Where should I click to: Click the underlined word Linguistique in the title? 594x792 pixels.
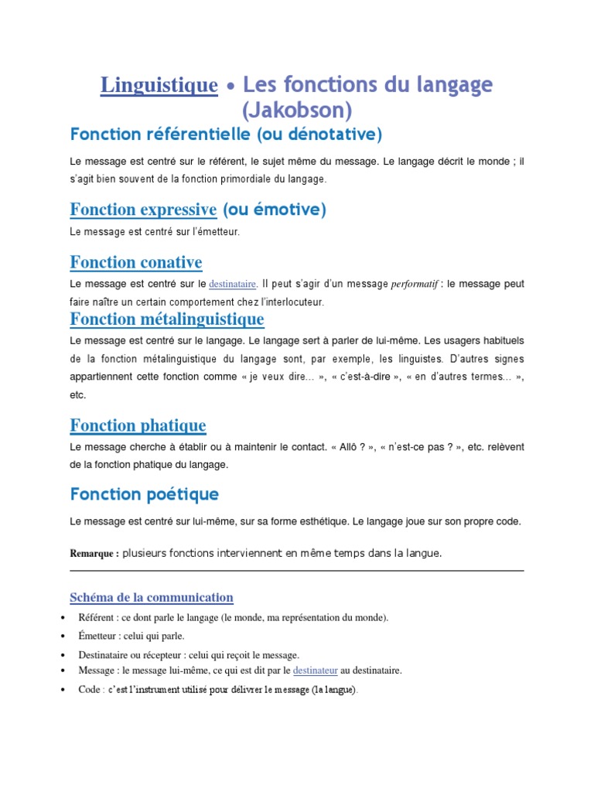pos(159,85)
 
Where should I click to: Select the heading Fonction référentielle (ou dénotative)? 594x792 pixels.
pos(226,135)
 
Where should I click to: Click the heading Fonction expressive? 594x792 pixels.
pos(143,210)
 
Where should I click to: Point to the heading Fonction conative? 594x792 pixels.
pos(136,262)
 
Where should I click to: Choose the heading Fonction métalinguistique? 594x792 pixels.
pos(167,319)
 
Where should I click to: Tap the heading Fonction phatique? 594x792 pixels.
pos(138,425)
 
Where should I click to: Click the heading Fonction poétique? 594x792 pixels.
pos(145,494)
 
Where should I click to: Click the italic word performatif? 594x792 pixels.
pos(413,285)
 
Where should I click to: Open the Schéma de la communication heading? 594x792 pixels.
pos(152,597)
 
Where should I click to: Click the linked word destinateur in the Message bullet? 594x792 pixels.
pos(316,671)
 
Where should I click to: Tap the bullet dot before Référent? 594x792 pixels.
pos(62,618)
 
